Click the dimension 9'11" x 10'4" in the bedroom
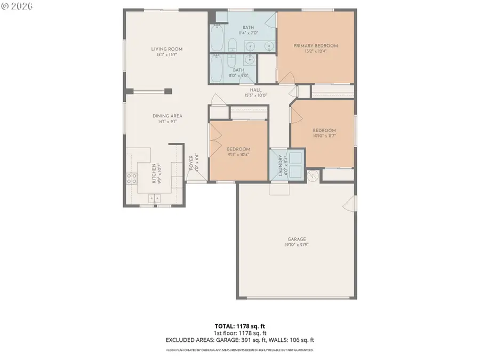point(238,155)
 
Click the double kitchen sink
point(154,198)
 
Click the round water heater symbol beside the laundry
point(314,174)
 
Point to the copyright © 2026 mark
point(17,6)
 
